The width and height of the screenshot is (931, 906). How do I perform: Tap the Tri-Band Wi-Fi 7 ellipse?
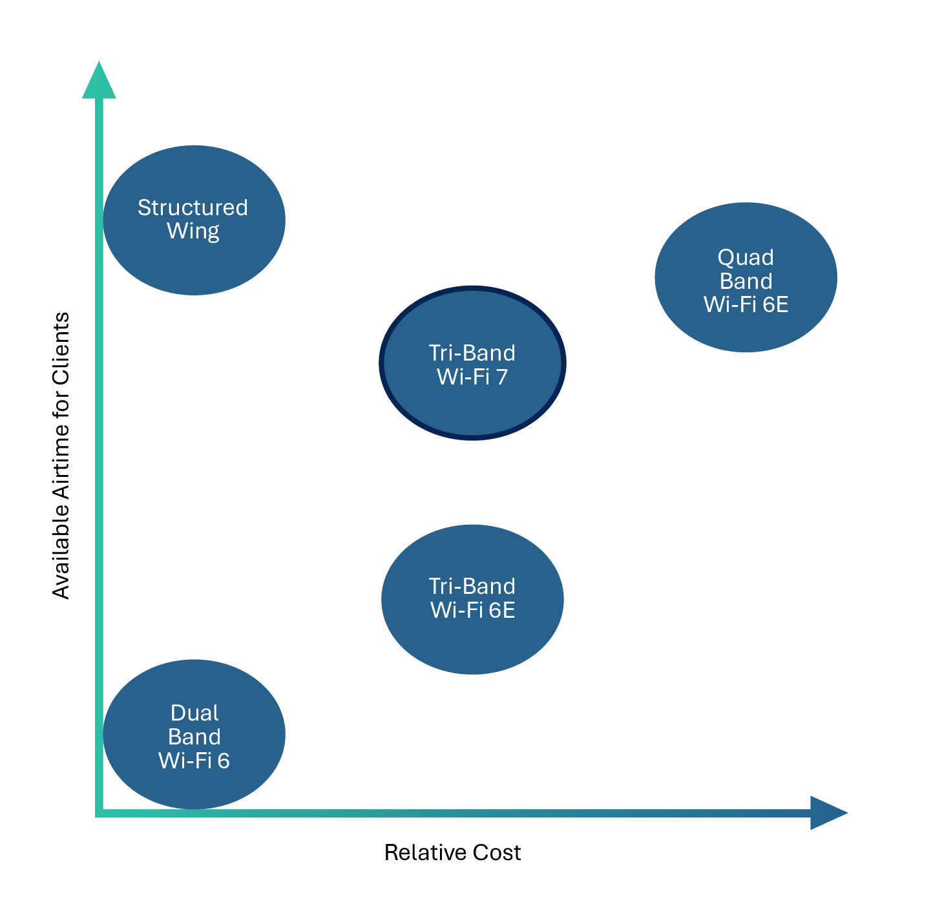pyautogui.click(x=472, y=407)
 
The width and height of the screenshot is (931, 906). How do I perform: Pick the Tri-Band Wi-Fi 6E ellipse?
pyautogui.click(x=472, y=640)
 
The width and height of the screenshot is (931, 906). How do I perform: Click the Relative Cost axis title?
pyautogui.click(x=452, y=852)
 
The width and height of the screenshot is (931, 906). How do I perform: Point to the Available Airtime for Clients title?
pyautogui.click(x=61, y=456)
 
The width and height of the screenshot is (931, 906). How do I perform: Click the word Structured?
pyautogui.click(x=193, y=207)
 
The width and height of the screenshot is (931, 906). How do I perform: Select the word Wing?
pyautogui.click(x=193, y=231)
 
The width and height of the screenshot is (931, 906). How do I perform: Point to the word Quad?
pyautogui.click(x=746, y=257)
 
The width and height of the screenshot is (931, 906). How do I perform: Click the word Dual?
pyautogui.click(x=194, y=713)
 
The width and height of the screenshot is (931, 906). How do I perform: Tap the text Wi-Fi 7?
pyautogui.click(x=472, y=377)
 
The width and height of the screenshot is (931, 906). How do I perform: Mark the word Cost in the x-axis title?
pyautogui.click(x=497, y=852)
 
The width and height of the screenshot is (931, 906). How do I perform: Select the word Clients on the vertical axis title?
pyautogui.click(x=61, y=348)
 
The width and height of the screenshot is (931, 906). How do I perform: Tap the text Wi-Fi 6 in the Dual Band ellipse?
pyautogui.click(x=194, y=761)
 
